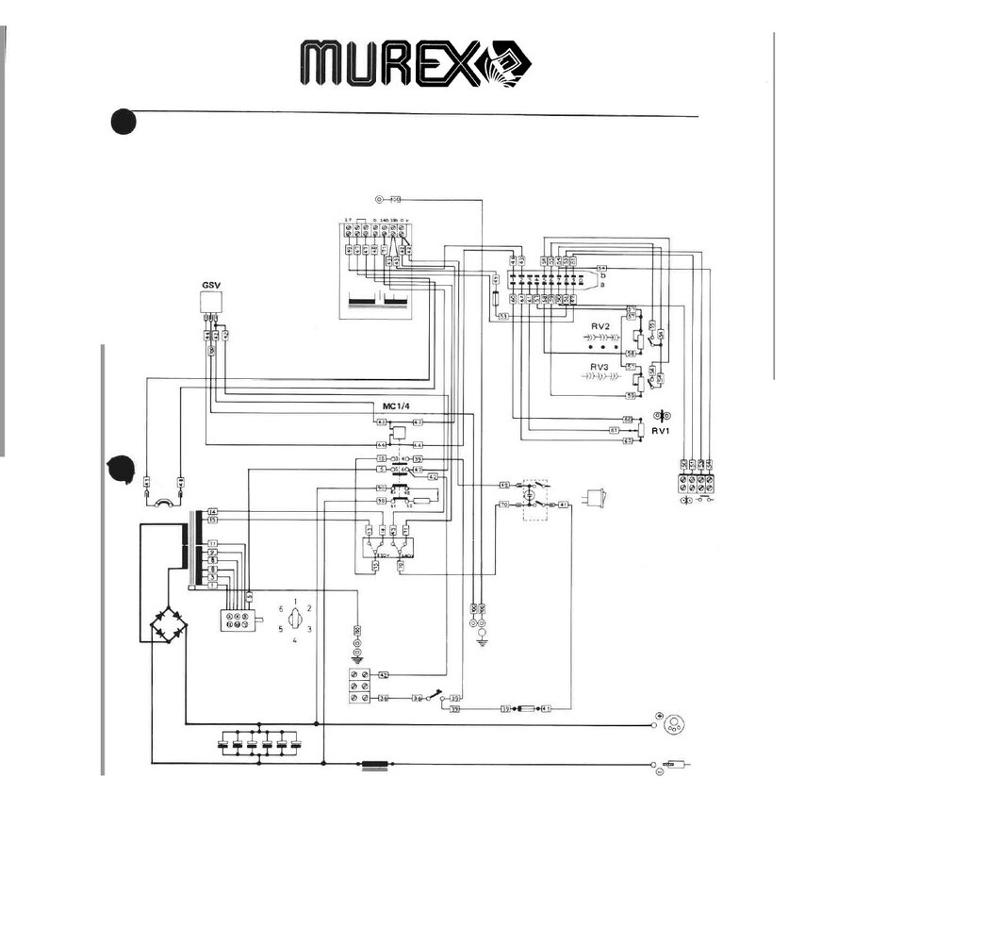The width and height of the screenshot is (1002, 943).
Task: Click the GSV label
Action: coord(211,284)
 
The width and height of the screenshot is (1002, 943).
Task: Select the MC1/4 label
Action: coord(389,405)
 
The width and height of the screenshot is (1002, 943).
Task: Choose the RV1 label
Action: coord(661,431)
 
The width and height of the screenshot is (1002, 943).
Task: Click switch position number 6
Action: coord(281,609)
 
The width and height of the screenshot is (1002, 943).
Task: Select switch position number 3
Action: coord(309,628)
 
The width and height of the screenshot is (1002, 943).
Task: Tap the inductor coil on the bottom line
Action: coord(376,766)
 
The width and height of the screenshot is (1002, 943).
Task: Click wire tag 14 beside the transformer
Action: coord(213,510)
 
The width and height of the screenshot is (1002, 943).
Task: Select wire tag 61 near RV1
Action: coord(627,429)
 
